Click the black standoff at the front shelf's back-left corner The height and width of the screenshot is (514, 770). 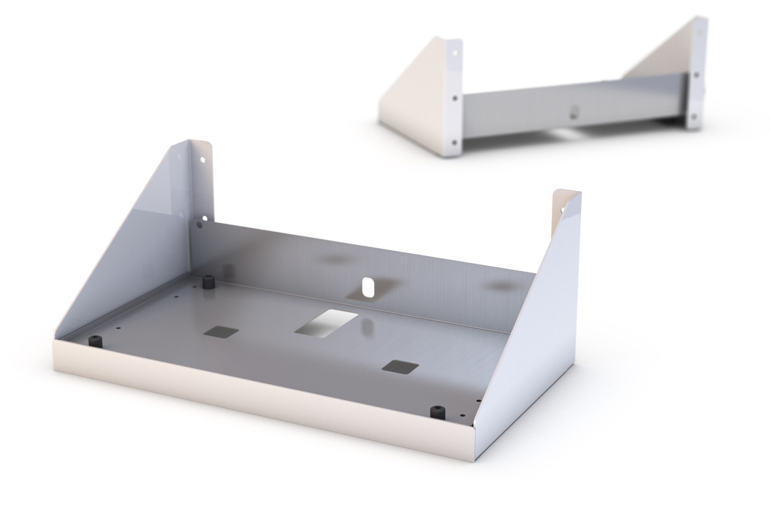[x=208, y=282]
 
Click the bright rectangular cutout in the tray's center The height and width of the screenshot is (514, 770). [x=326, y=323]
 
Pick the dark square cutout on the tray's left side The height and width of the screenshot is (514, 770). [x=221, y=332]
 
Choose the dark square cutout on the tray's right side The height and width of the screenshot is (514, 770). [x=400, y=367]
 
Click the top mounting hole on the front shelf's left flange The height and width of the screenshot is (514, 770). [x=203, y=160]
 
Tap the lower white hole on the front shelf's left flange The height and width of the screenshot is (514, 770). [x=205, y=218]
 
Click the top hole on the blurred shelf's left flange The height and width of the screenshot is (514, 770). [x=455, y=53]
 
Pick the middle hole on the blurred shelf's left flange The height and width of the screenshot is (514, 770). [x=455, y=98]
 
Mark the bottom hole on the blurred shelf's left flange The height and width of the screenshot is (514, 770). [x=454, y=142]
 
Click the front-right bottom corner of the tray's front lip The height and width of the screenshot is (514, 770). [x=474, y=461]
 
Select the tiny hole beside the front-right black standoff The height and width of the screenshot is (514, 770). [x=462, y=415]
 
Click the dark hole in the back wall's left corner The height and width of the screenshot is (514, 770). [x=199, y=225]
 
